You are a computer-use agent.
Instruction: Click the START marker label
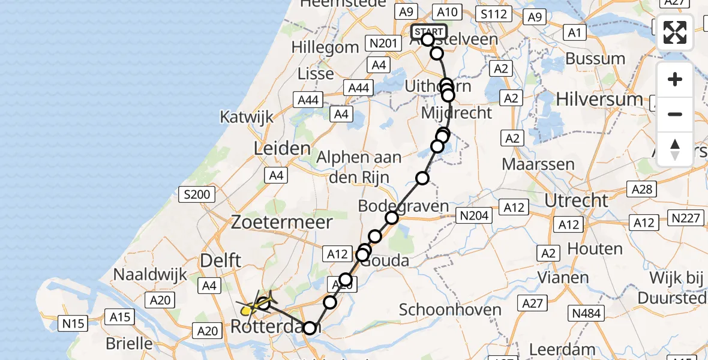click(429, 31)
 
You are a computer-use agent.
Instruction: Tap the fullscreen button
click(675, 32)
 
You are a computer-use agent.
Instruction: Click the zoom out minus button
click(675, 114)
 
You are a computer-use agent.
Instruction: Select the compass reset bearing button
click(675, 149)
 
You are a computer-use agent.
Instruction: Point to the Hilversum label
click(599, 99)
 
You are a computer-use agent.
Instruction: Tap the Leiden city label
click(283, 148)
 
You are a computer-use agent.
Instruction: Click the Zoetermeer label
click(282, 223)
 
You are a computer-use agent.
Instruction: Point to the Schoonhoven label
click(450, 310)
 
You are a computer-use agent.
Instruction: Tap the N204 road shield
click(474, 216)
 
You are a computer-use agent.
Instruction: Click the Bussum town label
click(596, 59)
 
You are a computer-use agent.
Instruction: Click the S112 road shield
click(493, 14)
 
